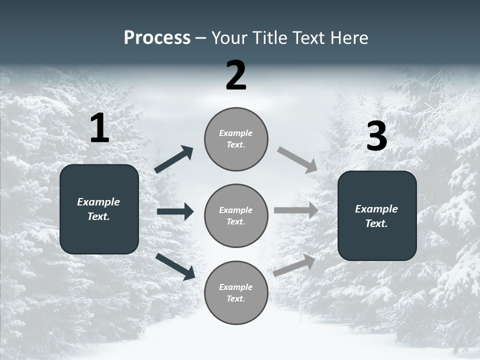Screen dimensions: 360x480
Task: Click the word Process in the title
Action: pyautogui.click(x=157, y=38)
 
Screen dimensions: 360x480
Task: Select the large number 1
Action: pyautogui.click(x=99, y=128)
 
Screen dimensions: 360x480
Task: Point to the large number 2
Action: pyautogui.click(x=236, y=75)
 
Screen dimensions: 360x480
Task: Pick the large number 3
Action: pyautogui.click(x=376, y=136)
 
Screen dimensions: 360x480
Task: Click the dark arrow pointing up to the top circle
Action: pyautogui.click(x=174, y=159)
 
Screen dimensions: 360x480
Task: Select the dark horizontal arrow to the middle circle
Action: pyautogui.click(x=175, y=211)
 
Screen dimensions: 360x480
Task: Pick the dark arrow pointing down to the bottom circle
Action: pyautogui.click(x=175, y=266)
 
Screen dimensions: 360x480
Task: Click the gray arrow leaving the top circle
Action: pyautogui.click(x=297, y=160)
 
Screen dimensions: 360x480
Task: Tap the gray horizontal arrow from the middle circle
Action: pyautogui.click(x=296, y=210)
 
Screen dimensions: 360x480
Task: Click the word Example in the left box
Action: pyautogui.click(x=98, y=202)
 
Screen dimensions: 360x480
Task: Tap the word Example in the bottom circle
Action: pyautogui.click(x=235, y=287)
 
